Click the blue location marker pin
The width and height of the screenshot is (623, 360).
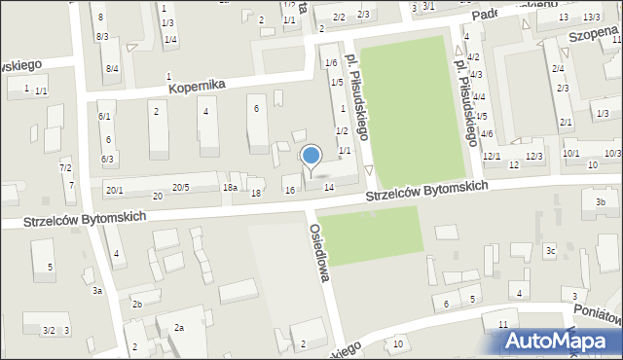coord(311,156)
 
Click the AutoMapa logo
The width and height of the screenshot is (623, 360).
coord(560,341)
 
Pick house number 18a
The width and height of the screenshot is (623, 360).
coord(230,187)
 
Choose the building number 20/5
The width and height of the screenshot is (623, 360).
coord(181,187)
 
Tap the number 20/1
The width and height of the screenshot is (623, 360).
coord(114,189)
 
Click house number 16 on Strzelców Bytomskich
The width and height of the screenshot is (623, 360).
coord(289,189)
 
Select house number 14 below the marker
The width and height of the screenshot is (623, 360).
coord(329,187)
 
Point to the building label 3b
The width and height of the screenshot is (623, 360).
coord(601,202)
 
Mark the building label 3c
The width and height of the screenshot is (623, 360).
coord(550,251)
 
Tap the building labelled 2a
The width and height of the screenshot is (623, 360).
coord(178,328)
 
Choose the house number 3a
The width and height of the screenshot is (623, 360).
coord(97,291)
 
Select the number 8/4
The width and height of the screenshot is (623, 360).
coord(112,68)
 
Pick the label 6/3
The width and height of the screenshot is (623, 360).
coord(107,159)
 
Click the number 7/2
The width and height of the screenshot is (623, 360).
coord(65,168)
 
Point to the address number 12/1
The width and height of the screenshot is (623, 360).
coord(492,156)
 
